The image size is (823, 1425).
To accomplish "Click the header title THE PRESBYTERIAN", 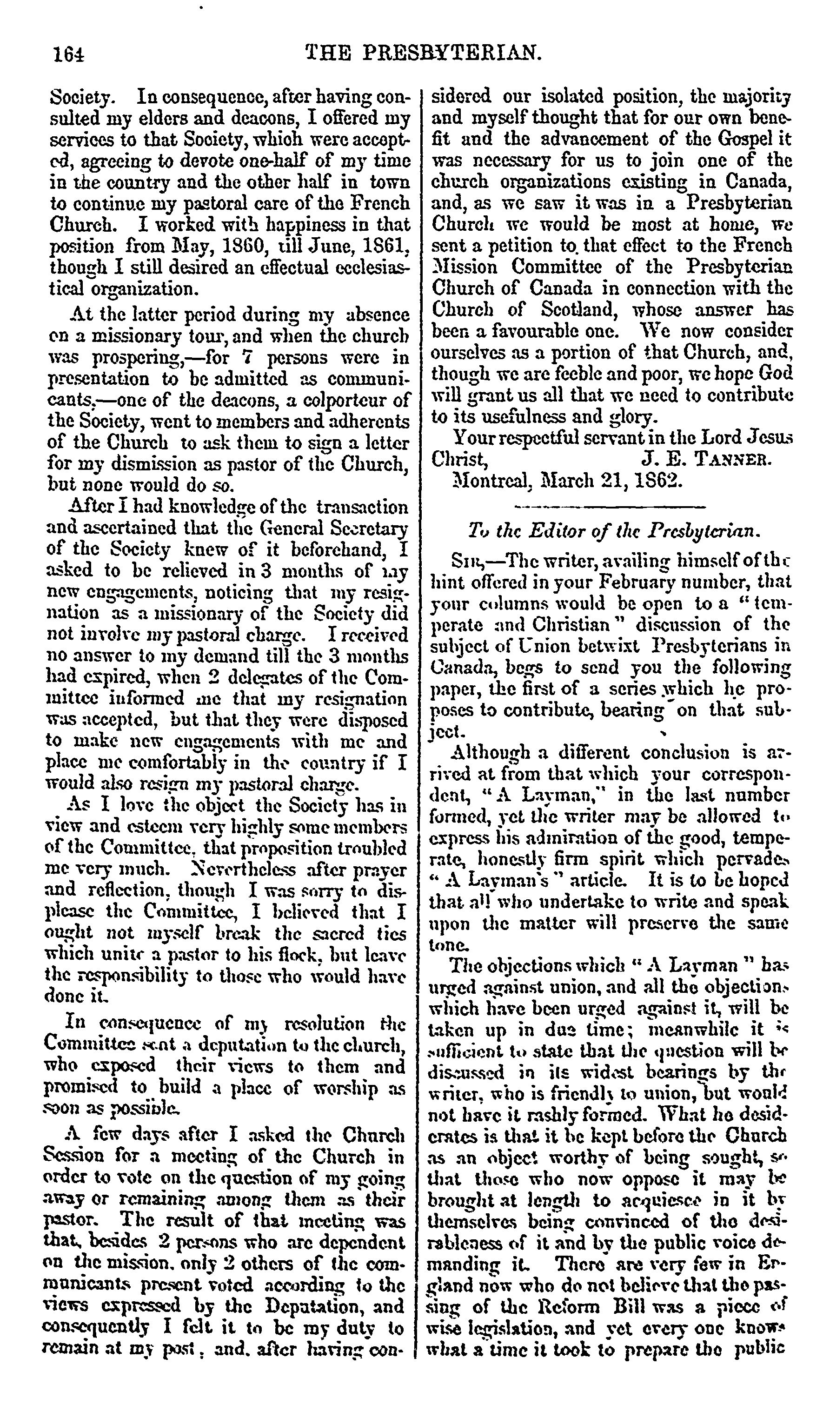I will pos(424,53).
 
